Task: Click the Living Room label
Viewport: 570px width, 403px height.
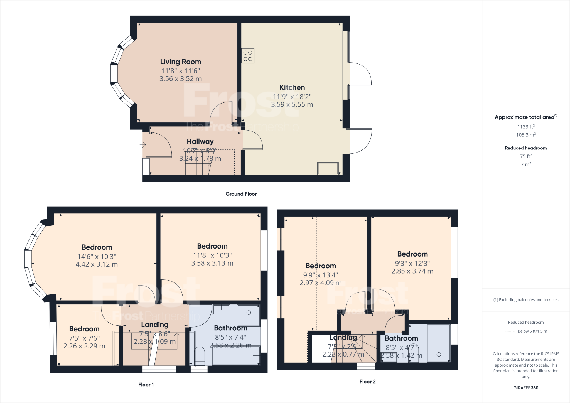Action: point(180,62)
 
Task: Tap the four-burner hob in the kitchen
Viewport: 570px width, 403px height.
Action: point(248,56)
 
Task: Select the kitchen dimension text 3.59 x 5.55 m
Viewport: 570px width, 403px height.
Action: point(292,105)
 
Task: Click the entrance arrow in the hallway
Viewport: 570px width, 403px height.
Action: point(143,145)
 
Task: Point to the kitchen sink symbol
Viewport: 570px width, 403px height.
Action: point(328,168)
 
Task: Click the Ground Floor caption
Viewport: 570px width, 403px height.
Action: point(241,194)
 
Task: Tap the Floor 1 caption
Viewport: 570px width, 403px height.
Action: point(146,385)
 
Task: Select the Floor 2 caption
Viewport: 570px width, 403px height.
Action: point(367,382)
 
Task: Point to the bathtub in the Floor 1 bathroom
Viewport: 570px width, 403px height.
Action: point(236,355)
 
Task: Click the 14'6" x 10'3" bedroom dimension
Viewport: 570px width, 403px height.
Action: point(97,257)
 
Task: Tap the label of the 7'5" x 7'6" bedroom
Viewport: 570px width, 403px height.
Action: point(84,329)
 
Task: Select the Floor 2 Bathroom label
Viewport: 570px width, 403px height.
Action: point(401,338)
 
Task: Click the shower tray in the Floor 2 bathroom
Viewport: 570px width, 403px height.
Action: point(439,343)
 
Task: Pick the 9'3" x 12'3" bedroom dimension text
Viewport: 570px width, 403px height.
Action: point(412,263)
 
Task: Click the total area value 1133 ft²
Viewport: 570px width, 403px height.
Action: point(526,127)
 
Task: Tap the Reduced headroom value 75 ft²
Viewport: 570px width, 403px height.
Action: point(526,156)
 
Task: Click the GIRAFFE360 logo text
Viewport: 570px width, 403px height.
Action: point(526,388)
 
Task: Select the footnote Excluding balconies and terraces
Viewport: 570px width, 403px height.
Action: point(526,300)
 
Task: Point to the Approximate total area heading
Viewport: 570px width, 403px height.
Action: point(525,117)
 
